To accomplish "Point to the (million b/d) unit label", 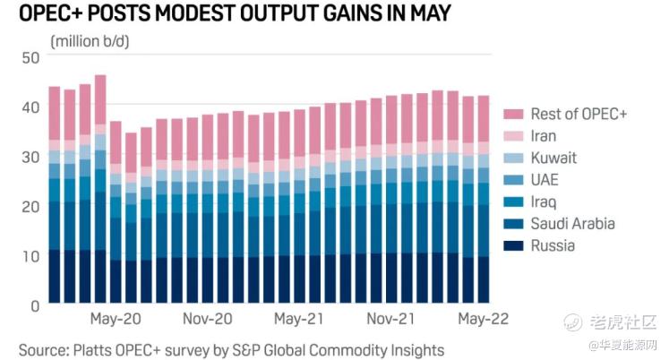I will [91, 40].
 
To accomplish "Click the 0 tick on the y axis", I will [35, 305].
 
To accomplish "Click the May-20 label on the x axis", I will [116, 320].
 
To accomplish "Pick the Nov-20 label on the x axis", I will [207, 320].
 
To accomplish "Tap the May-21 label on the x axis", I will [299, 320].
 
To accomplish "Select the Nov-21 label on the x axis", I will [391, 320].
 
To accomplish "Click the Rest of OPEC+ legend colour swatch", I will [514, 115].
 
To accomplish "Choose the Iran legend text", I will [544, 136].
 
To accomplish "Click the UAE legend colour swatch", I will [514, 180].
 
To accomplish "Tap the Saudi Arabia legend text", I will [572, 224].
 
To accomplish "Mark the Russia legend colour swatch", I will [514, 245].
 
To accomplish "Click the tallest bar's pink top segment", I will [100, 99].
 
